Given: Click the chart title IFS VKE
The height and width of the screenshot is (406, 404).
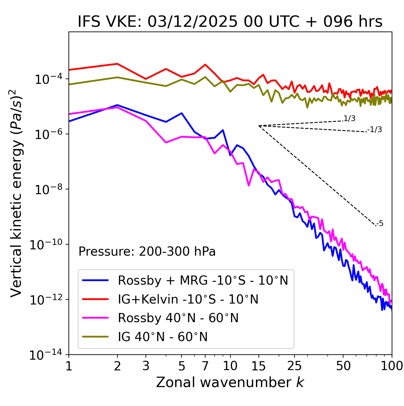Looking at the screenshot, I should point(230,22).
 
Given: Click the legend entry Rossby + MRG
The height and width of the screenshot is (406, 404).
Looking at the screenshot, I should point(203,280).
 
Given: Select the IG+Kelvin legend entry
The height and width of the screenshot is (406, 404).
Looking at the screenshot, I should point(188,299).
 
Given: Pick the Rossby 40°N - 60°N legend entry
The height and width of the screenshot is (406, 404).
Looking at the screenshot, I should point(178,318).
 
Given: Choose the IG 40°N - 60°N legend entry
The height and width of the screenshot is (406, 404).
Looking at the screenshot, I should point(163,337).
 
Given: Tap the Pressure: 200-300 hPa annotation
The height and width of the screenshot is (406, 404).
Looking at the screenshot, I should point(147,252).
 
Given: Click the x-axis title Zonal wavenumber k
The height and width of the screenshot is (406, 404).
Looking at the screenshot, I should point(230,382).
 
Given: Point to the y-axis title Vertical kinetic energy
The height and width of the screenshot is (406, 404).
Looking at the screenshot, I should point(16,193).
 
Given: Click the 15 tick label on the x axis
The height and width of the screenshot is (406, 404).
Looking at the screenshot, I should point(258,366).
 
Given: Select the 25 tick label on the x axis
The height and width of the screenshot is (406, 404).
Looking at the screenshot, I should point(294,366).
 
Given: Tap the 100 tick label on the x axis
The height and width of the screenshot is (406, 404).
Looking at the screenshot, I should point(391,366).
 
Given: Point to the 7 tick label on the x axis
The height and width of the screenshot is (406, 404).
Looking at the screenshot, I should point(205,366).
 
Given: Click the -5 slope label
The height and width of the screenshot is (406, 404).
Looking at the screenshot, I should point(380,224).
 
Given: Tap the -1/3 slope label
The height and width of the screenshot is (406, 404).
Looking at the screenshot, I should point(375,130).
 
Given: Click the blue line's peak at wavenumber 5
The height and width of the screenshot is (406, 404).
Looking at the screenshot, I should point(181,113).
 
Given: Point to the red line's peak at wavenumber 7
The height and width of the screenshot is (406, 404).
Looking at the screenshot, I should point(205,65).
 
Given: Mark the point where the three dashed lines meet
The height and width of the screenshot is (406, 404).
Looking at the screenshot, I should point(259,126).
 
